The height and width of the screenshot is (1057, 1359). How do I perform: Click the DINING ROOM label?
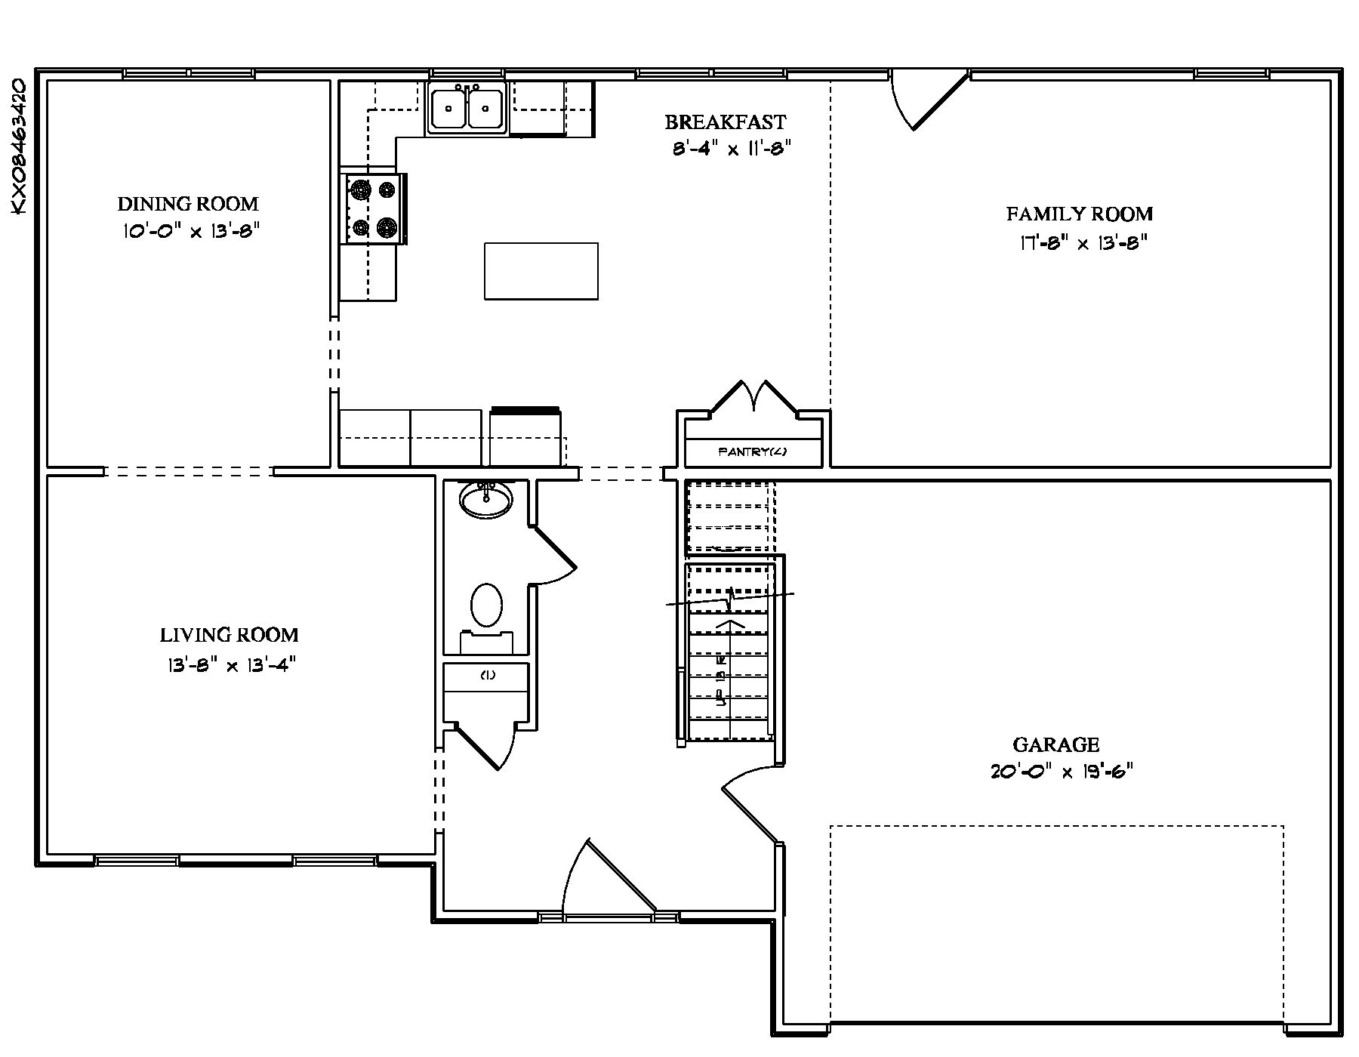coord(187,204)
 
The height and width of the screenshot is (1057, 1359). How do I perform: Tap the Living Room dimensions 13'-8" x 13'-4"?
coord(229,665)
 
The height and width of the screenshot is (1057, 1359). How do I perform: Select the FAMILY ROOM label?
coord(1079,214)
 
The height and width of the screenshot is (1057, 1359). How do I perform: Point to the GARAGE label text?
coord(1055,745)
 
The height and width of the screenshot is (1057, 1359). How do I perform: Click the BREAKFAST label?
coord(725,122)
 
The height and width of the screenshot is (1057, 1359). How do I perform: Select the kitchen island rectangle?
coord(541,271)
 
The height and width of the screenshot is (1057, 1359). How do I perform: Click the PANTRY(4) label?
coord(752,453)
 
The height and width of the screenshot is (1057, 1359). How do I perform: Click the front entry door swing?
coord(604,880)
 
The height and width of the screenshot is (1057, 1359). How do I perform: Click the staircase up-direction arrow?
coord(729,625)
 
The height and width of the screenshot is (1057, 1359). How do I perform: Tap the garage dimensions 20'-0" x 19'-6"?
coord(1062,772)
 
